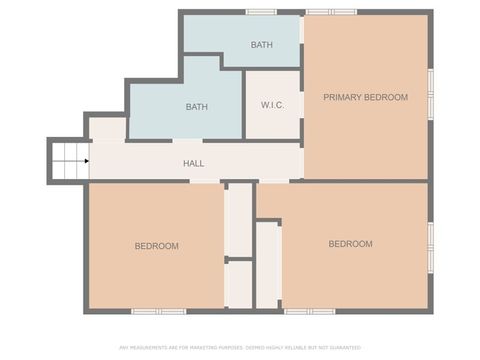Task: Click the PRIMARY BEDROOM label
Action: click(x=365, y=97)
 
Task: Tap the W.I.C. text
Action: click(x=274, y=105)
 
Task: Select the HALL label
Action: click(x=194, y=162)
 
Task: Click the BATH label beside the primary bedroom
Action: click(x=261, y=45)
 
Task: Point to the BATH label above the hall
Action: click(x=196, y=107)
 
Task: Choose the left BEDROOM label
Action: click(x=157, y=246)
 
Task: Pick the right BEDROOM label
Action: click(x=350, y=244)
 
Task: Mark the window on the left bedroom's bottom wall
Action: click(x=159, y=311)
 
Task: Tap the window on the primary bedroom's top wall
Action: click(x=331, y=12)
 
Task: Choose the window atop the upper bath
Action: click(x=261, y=12)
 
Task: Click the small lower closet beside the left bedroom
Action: click(x=238, y=284)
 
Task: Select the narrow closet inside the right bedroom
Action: click(x=268, y=265)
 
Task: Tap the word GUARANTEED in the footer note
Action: click(x=340, y=347)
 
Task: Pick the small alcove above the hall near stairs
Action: click(x=107, y=129)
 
